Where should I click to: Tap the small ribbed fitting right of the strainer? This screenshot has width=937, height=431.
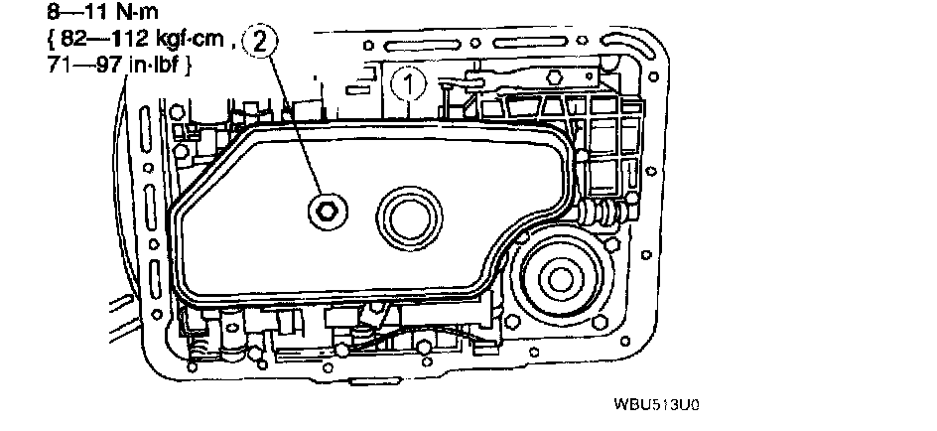(602, 212)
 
